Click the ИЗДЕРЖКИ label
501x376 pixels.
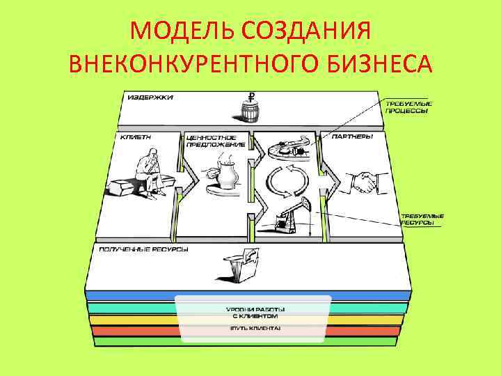point(150,98)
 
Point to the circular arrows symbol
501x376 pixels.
point(285,180)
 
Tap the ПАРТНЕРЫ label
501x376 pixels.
point(352,137)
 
